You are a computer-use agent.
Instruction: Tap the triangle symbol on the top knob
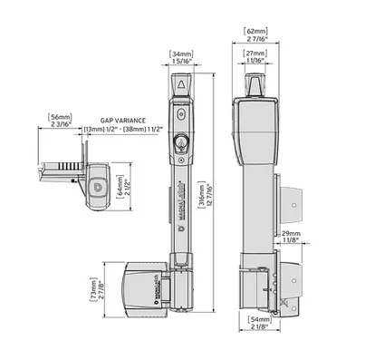pyautogui.click(x=181, y=85)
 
